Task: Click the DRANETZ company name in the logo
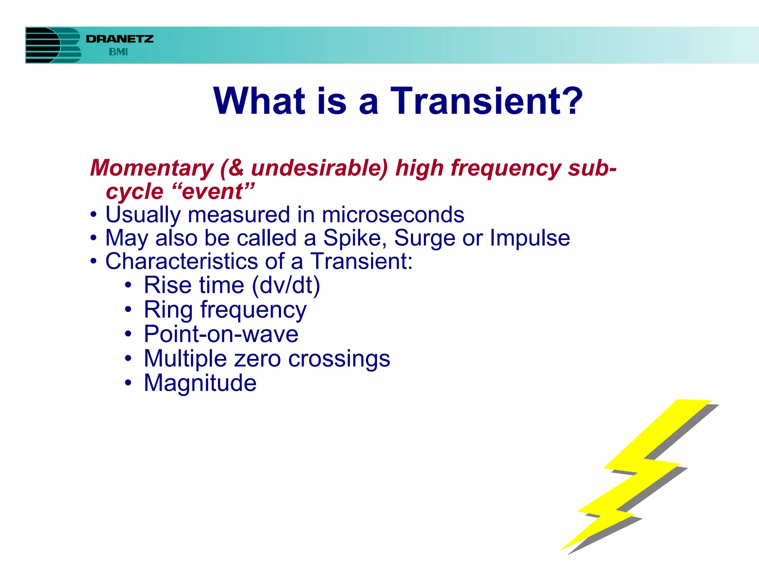point(119,39)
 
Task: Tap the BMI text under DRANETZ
point(118,52)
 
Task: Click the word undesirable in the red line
point(319,168)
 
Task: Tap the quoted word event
point(213,192)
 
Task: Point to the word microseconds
point(393,215)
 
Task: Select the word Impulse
point(530,238)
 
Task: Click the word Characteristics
point(182,261)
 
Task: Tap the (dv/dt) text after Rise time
point(286,285)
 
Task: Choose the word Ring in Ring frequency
point(168,310)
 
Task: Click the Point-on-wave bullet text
point(221,334)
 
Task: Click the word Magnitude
point(200,383)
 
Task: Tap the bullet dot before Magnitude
point(128,383)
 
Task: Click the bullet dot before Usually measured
point(94,215)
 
